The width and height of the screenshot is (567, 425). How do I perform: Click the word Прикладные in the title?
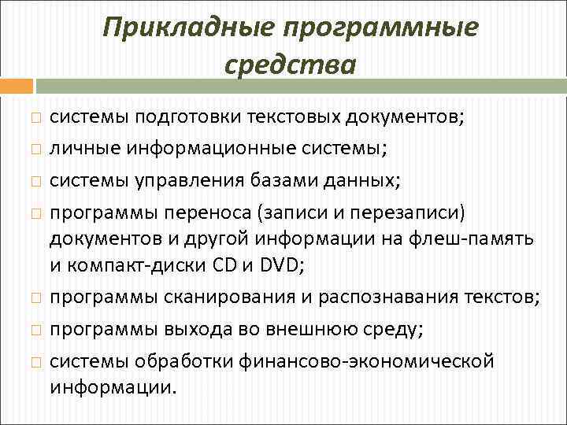(187, 28)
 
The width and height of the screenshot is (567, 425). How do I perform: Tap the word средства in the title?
(290, 64)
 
